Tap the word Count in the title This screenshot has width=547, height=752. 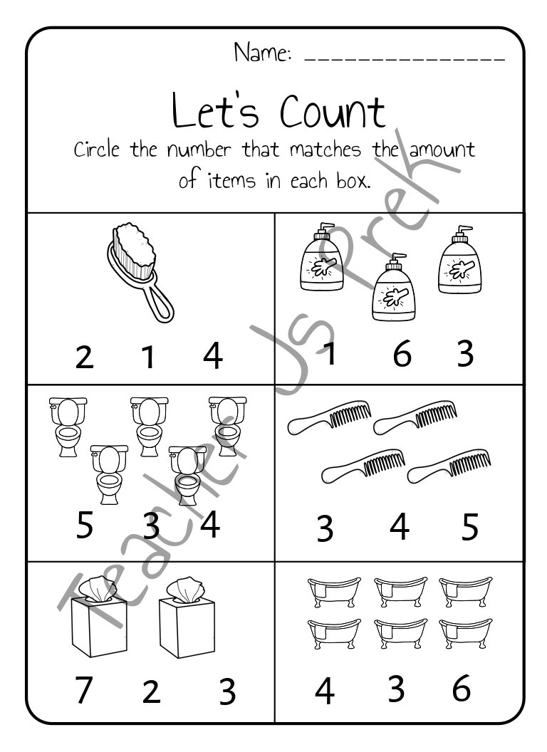[332, 112]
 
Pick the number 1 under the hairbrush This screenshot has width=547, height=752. [148, 357]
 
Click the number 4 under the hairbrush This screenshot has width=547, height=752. [212, 356]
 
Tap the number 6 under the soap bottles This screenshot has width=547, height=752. [402, 354]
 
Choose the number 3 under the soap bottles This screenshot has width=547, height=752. [465, 354]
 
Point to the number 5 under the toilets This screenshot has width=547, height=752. [84, 527]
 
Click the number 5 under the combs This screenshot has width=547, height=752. [470, 528]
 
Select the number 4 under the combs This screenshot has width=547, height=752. [400, 528]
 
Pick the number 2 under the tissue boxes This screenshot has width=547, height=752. [150, 692]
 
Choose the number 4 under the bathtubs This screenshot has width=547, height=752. [325, 691]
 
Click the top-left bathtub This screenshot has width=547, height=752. [325, 590]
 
